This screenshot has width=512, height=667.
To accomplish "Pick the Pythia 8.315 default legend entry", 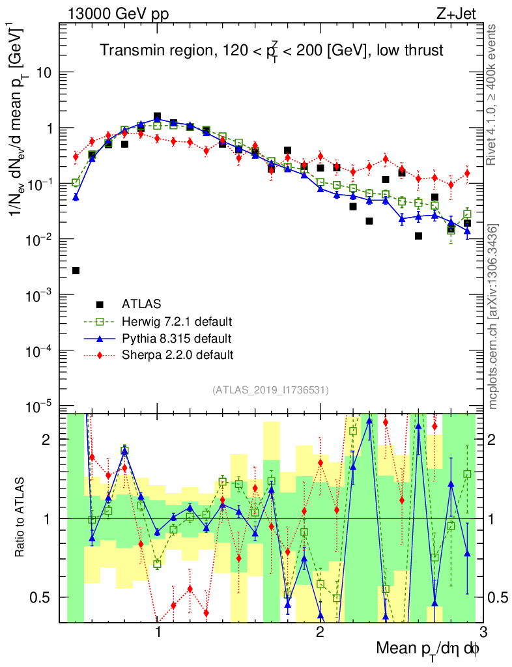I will (x=175, y=338).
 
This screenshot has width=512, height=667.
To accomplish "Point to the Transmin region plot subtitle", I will (x=272, y=51).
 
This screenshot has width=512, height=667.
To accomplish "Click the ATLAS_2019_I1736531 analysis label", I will (x=270, y=390).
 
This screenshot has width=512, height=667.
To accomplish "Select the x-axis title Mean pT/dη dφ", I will (x=429, y=649).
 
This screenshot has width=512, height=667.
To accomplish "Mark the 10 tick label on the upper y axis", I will (x=44, y=72).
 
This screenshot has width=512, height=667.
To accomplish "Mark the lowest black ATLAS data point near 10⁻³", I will (x=76, y=270).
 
